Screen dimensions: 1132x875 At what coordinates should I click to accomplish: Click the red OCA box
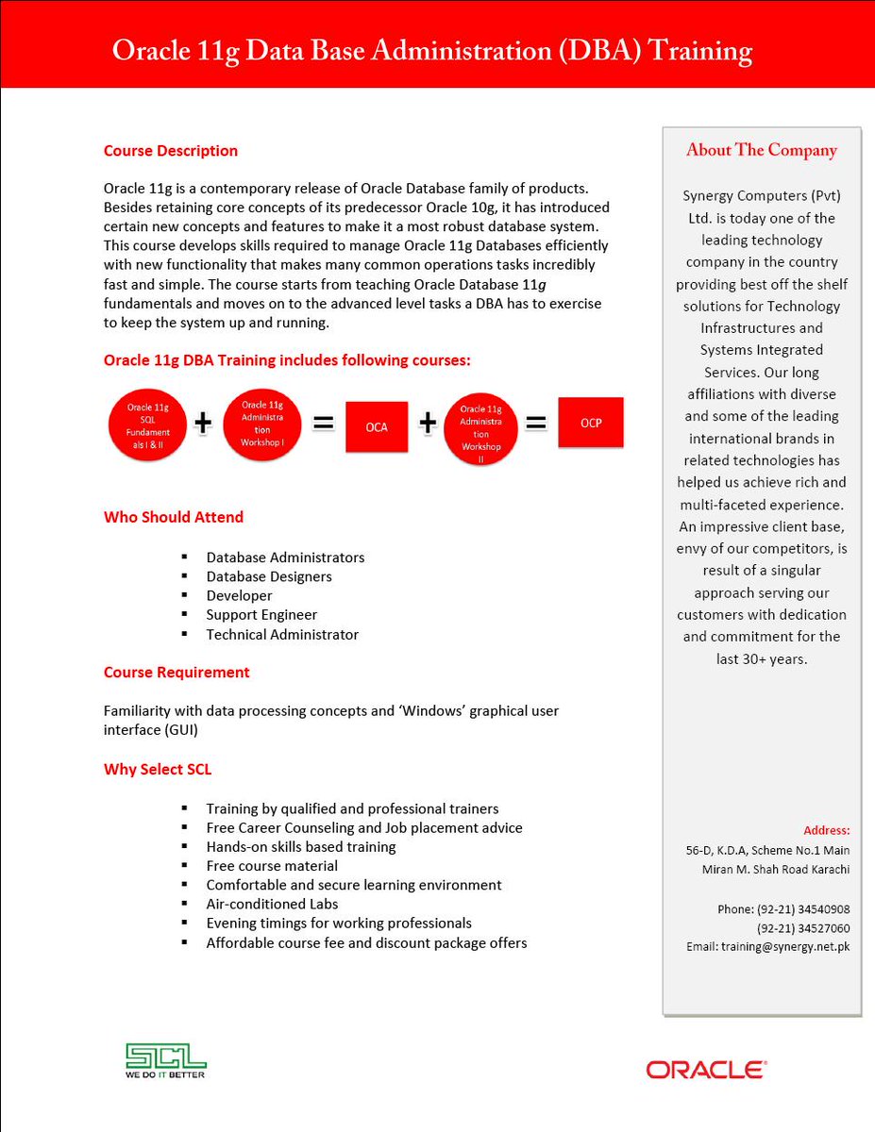(377, 426)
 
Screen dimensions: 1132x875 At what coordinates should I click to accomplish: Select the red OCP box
(590, 423)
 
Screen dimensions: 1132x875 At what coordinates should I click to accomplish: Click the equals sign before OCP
(536, 424)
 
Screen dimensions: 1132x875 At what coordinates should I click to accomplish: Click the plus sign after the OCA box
(428, 424)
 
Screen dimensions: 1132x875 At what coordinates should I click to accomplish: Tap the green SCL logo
(166, 1060)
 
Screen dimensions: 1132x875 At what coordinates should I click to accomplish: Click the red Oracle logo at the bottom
(706, 1070)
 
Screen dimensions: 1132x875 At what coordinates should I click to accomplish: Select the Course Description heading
(171, 151)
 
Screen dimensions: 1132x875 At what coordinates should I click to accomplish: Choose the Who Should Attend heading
(174, 517)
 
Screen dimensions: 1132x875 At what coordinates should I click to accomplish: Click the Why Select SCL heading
(158, 770)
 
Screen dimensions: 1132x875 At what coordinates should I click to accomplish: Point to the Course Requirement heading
(177, 673)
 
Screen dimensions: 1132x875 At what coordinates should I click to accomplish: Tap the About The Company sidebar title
(762, 150)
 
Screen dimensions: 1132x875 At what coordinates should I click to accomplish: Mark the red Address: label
(827, 830)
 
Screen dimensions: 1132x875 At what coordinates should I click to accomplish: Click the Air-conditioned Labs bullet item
(272, 904)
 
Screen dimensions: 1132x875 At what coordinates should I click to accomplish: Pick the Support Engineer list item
(261, 615)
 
